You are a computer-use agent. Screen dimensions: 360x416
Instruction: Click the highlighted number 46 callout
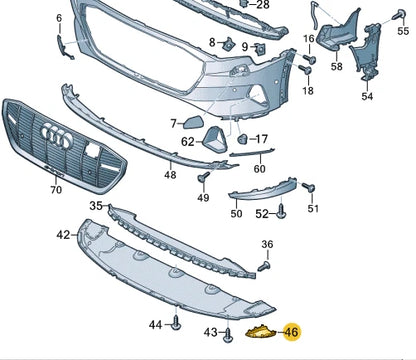coord(291,332)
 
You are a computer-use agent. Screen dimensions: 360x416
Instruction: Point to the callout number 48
coord(170,176)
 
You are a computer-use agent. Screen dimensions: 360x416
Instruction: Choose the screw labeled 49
coord(203,178)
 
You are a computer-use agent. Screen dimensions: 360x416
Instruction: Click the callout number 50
coord(236,213)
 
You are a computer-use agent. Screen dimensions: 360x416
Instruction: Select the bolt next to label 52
coord(281,212)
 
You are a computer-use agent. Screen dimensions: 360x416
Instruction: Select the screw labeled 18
coord(306,73)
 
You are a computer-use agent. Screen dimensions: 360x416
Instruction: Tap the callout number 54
coord(367,97)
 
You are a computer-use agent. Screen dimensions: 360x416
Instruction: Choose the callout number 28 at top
coord(262,5)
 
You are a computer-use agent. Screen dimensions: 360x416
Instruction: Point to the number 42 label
coord(64,235)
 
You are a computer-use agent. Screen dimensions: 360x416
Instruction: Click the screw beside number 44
coord(176,322)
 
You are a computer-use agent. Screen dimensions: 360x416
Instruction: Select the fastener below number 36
coord(265,267)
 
